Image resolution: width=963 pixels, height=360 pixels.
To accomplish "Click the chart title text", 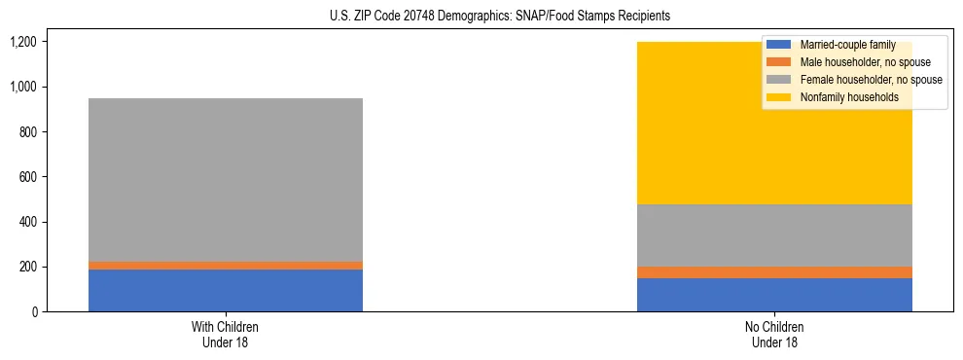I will [x=481, y=17].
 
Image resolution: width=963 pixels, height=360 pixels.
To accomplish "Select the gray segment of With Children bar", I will [x=226, y=180].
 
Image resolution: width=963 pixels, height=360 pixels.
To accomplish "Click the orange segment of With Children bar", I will [x=226, y=266].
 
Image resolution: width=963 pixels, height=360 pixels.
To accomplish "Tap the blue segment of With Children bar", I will [x=226, y=290].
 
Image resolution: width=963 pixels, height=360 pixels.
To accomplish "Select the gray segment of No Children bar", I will [x=774, y=235].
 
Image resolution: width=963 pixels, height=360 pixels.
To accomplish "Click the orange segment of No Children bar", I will [x=774, y=272].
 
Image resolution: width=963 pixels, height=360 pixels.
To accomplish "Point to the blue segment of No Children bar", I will [x=774, y=295].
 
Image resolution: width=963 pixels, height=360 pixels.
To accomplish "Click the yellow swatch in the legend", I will [x=779, y=97].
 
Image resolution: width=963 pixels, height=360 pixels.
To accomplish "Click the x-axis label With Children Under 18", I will [x=226, y=334].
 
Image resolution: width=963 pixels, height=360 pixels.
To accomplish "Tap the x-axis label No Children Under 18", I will [x=774, y=334].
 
